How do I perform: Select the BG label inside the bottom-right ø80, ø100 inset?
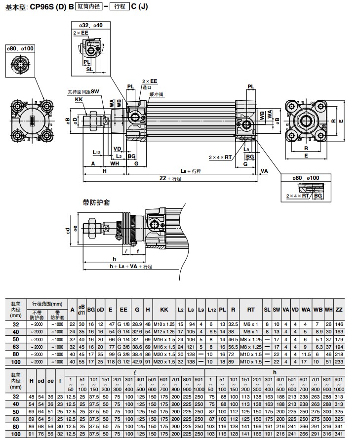(319, 196)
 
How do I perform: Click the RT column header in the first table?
(251, 310)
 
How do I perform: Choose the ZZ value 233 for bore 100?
(339, 361)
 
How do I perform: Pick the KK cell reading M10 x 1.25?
(164, 324)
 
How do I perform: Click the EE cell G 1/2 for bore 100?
(123, 361)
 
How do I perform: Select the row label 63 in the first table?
(16, 347)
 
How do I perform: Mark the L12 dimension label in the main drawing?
(97, 153)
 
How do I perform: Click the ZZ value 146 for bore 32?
(339, 324)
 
